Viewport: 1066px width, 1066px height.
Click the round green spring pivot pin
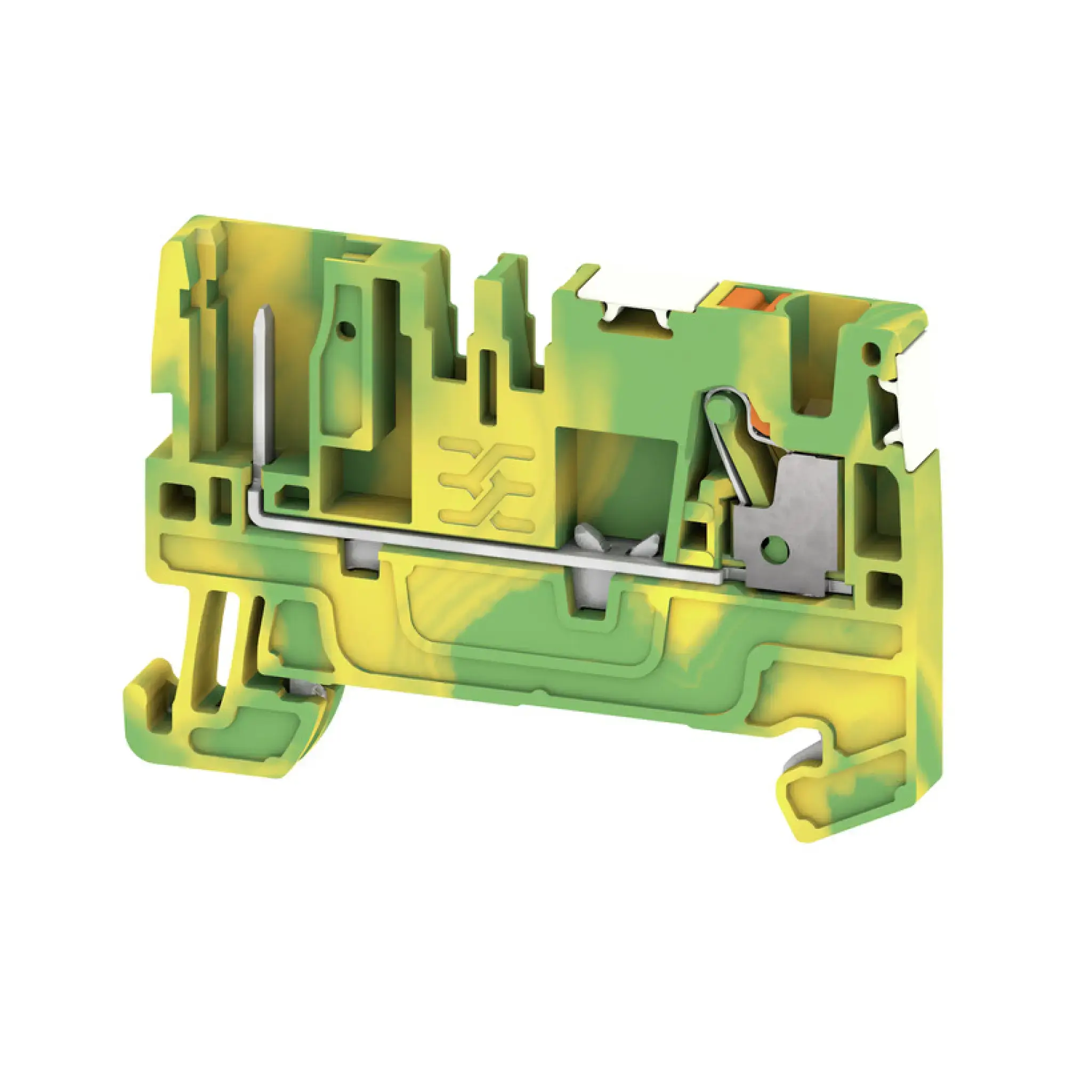click(x=717, y=407)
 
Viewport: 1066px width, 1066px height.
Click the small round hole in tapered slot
click(x=346, y=331)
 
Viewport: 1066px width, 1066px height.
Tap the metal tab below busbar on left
click(x=360, y=559)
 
